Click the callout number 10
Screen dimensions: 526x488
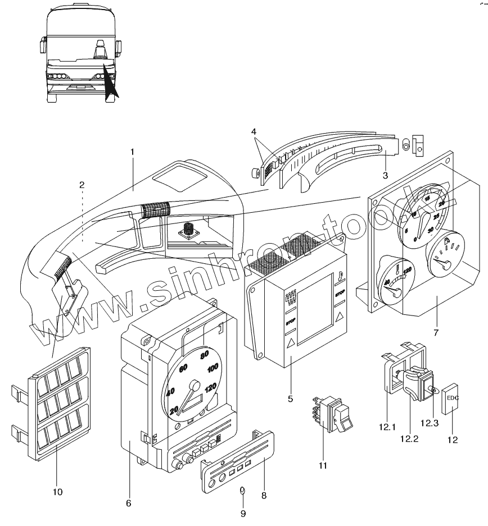coord(57,492)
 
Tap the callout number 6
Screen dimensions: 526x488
coord(128,504)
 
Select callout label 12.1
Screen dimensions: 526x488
coord(388,418)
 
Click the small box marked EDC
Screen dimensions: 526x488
coord(451,398)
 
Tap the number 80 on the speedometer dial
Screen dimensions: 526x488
coord(204,354)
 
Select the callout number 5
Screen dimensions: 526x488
coord(290,399)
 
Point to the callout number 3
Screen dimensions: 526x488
coord(385,175)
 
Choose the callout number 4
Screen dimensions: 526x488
coord(254,131)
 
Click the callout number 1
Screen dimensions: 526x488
coord(133,152)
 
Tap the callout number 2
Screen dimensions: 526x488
coord(82,184)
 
